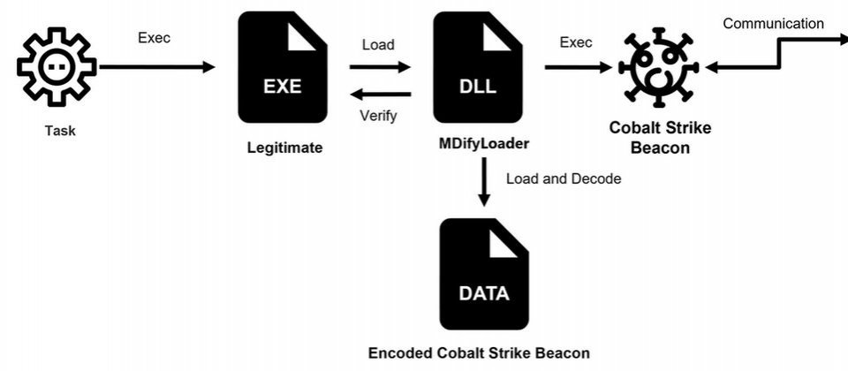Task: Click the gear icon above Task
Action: coord(56,66)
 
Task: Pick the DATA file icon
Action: coord(483,274)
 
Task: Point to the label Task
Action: coord(60,131)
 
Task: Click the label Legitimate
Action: coord(284,147)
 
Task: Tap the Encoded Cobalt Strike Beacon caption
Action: coord(479,352)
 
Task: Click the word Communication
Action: coord(773,24)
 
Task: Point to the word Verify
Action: coord(378,115)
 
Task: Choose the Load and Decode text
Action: coord(564,178)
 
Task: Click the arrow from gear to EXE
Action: coord(156,67)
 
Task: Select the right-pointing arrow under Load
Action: coord(380,66)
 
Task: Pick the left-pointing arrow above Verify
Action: coord(380,94)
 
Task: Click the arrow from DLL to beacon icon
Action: coord(579,67)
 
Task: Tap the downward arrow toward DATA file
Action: coord(483,185)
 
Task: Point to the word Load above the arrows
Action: coord(378,43)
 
